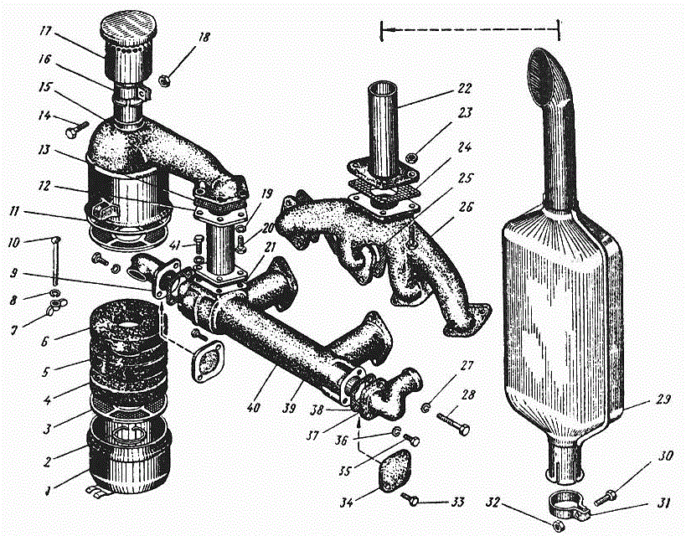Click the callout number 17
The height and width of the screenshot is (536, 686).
coord(45,32)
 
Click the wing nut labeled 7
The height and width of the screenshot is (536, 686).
coord(55,305)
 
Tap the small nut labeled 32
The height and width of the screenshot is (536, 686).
coord(558,525)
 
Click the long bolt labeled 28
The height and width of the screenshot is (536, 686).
coord(453,423)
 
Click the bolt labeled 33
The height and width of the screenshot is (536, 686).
coord(410,499)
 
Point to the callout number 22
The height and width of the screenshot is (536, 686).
coord(464,89)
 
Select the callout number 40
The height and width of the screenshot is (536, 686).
coord(253,407)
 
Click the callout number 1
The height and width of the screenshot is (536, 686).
coord(47,489)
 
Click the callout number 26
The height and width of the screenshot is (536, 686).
coord(466,206)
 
